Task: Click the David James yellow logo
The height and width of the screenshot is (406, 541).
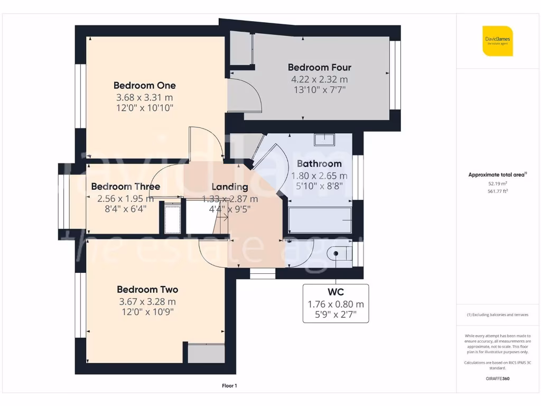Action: [497, 41]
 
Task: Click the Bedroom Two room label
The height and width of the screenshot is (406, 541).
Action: [147, 290]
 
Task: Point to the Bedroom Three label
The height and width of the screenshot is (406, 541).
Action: [125, 187]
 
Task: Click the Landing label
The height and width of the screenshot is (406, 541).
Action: [230, 187]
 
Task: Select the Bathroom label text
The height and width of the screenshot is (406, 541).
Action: [319, 164]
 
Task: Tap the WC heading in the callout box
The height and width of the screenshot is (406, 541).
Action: [335, 292]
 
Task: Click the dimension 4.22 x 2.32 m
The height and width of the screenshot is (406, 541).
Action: [319, 79]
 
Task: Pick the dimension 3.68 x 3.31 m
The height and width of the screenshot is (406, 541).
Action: [144, 97]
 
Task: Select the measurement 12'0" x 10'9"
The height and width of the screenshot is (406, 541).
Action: [147, 312]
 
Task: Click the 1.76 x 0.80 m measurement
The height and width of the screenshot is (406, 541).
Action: [335, 304]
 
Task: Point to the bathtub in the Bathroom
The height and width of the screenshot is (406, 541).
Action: [320, 220]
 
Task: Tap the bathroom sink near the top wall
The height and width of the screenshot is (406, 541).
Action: [324, 140]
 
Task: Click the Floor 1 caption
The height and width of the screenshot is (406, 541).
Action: [229, 386]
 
